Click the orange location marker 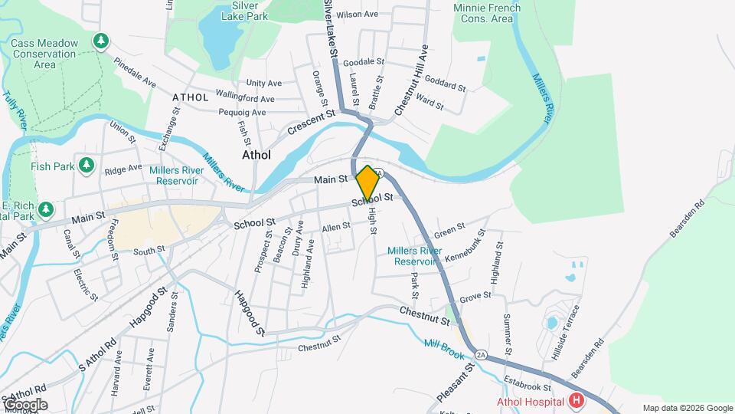367,182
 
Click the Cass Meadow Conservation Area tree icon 100,41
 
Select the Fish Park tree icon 87,166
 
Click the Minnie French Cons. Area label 487,13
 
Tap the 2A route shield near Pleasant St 481,355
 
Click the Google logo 24,405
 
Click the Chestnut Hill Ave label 412,80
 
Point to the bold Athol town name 256,154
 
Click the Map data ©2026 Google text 688,408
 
